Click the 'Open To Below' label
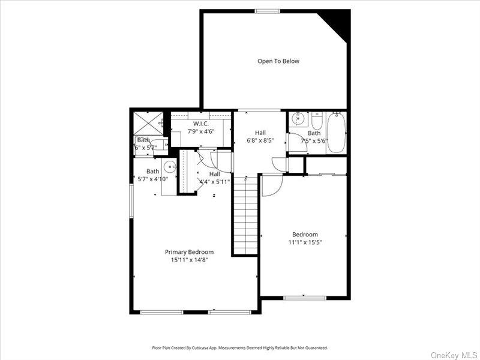278,61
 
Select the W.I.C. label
200,123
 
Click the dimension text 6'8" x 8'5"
260,142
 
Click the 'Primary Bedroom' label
189,252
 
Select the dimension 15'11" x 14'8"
189,260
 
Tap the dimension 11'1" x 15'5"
305,242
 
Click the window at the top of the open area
267,11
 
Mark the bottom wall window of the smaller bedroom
305,298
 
